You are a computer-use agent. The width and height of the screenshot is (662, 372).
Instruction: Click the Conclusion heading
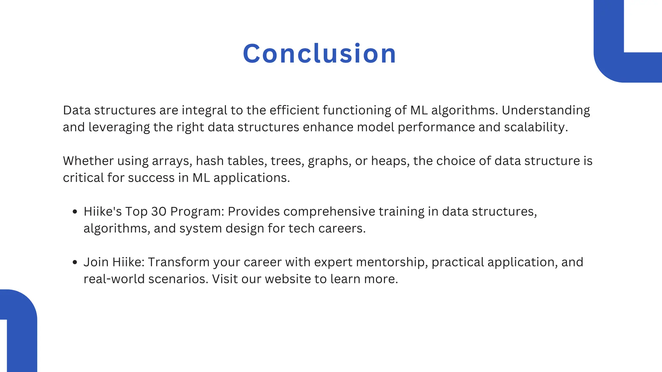(x=319, y=54)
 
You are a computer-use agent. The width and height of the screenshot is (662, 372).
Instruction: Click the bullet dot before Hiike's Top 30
(x=75, y=212)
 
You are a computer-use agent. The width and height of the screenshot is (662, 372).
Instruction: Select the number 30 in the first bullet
(x=159, y=212)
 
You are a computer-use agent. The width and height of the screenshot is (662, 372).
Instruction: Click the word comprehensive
(x=329, y=212)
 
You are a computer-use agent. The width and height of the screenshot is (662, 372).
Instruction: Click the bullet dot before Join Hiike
(x=75, y=262)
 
